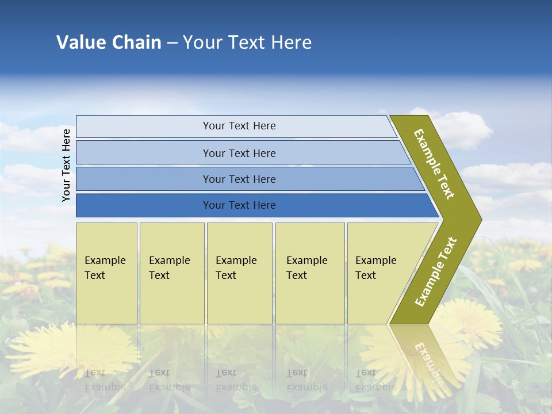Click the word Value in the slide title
click(x=80, y=43)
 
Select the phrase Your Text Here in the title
click(x=247, y=43)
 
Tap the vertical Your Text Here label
click(x=66, y=165)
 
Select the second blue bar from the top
click(x=239, y=153)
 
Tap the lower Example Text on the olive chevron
click(x=436, y=272)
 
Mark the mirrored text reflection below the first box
click(x=105, y=379)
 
